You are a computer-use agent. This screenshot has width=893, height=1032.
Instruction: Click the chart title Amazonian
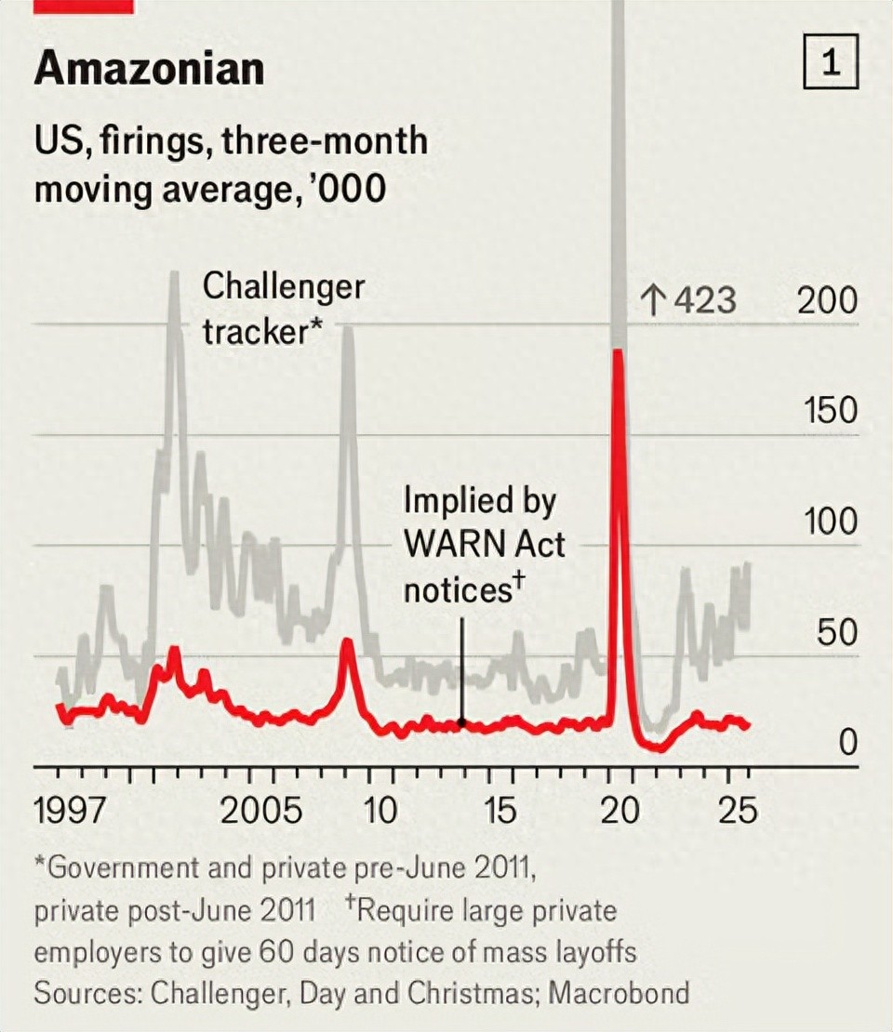pyautogui.click(x=149, y=69)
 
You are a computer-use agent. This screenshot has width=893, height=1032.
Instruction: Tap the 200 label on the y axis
pyautogui.click(x=827, y=301)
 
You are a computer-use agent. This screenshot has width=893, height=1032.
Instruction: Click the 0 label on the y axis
pyautogui.click(x=846, y=744)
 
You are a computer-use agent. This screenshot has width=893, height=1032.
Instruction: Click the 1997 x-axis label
pyautogui.click(x=72, y=811)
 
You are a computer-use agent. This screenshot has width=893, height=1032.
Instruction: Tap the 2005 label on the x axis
pyautogui.click(x=261, y=811)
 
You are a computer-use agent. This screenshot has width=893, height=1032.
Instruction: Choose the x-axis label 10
pyautogui.click(x=380, y=811)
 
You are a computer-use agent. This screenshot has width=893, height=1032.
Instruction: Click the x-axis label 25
pyautogui.click(x=738, y=811)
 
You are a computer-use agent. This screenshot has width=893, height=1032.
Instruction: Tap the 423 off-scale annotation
pyautogui.click(x=688, y=301)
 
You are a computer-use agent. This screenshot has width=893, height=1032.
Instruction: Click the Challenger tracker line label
pyautogui.click(x=284, y=308)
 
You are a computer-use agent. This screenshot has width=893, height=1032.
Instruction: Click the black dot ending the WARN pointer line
pyautogui.click(x=461, y=721)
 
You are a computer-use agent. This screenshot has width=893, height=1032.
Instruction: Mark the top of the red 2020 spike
pyautogui.click(x=617, y=351)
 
